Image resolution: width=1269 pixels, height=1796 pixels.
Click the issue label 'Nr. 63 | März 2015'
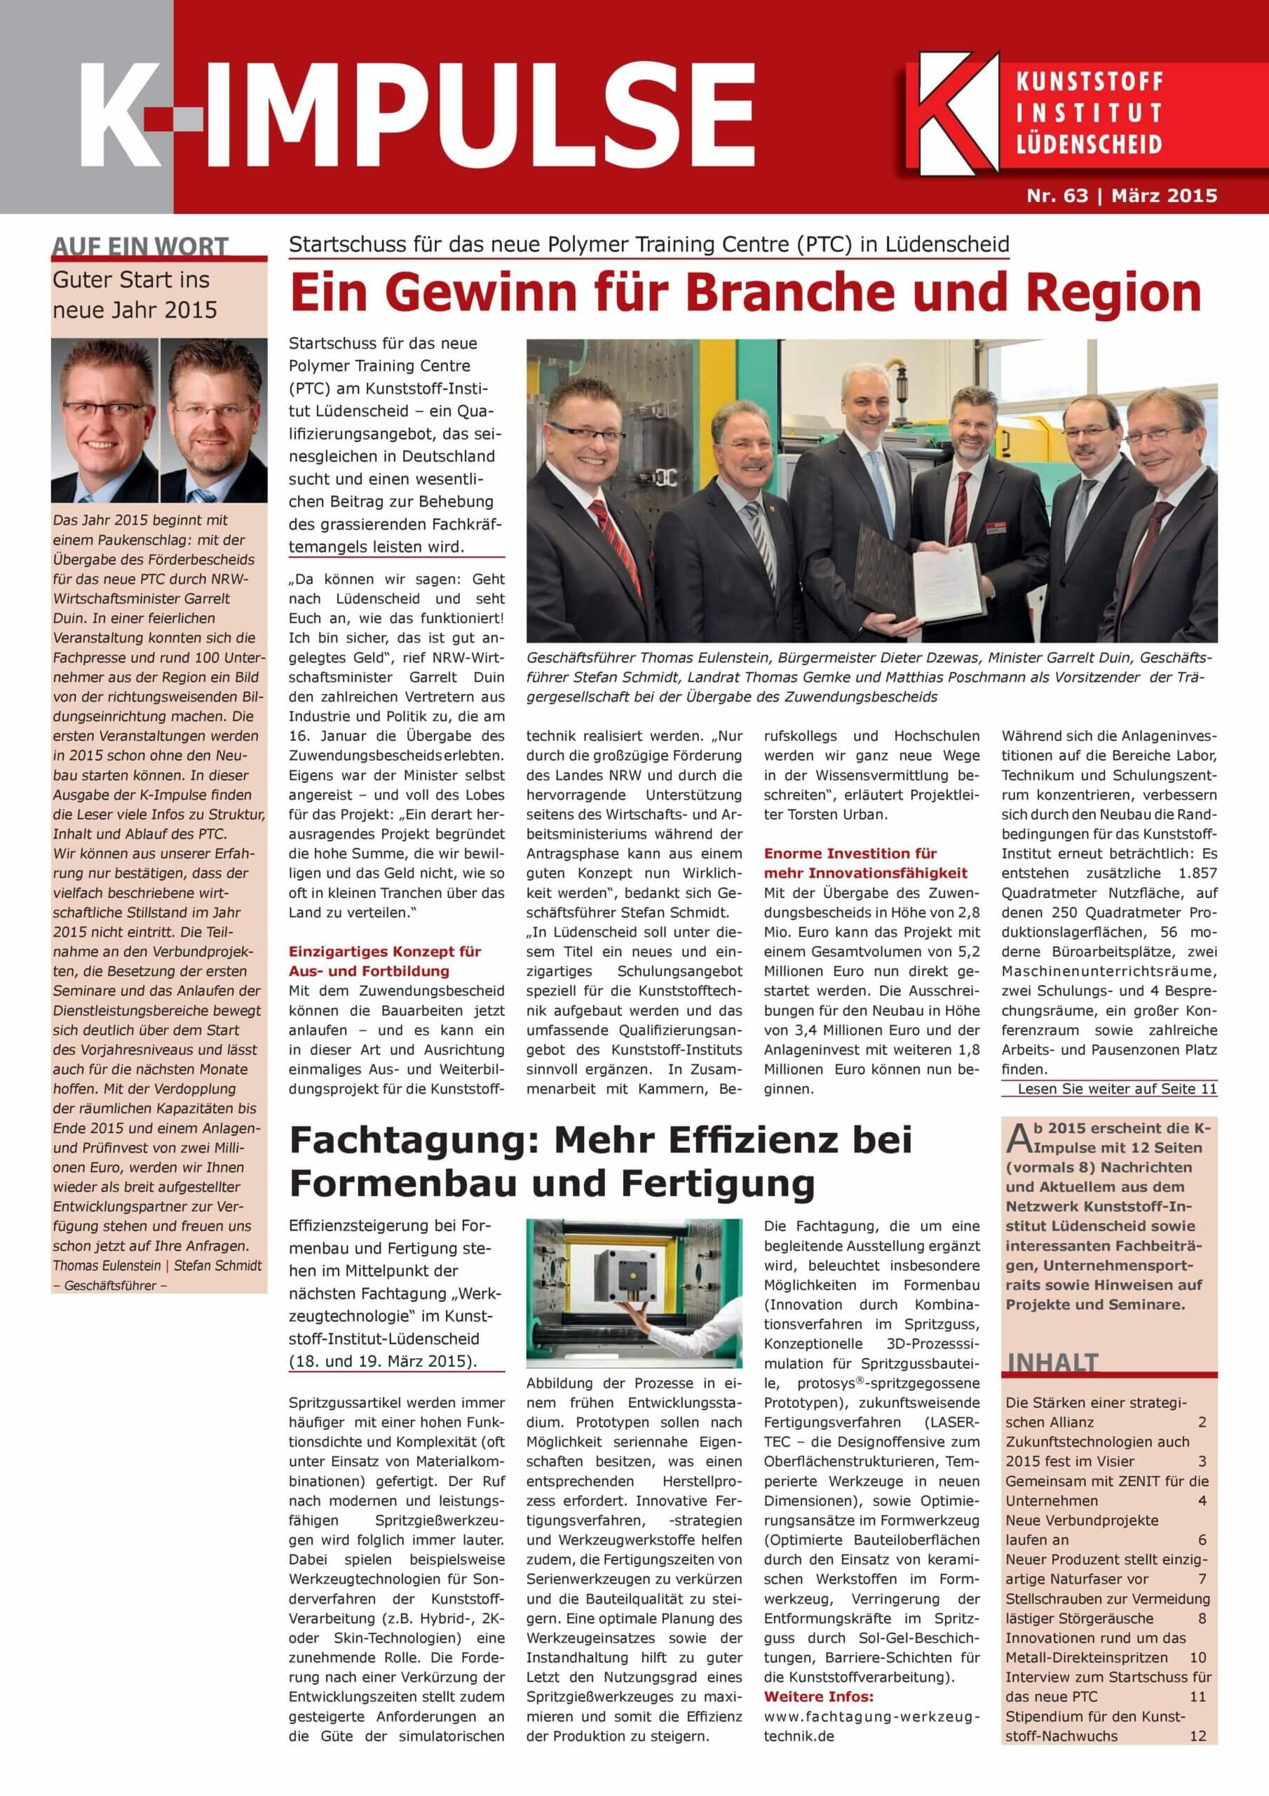tap(1121, 196)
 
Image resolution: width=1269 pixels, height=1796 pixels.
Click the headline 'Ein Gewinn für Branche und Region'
tap(745, 293)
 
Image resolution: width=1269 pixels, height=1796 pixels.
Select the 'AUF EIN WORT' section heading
tap(140, 246)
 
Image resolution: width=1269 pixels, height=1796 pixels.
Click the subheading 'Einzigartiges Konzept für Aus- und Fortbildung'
tap(385, 961)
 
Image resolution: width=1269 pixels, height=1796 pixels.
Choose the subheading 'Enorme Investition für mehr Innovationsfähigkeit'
tap(866, 863)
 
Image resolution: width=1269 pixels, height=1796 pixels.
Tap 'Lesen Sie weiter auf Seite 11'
tap(1117, 1089)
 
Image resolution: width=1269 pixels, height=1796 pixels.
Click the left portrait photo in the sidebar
tap(104, 420)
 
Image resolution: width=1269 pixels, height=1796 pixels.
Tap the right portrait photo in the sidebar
tap(213, 420)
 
